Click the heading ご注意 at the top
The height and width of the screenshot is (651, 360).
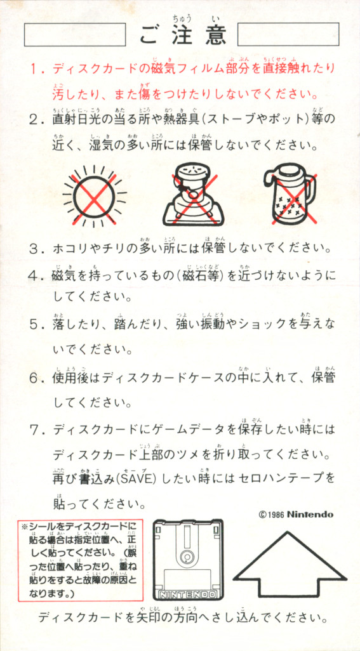183,34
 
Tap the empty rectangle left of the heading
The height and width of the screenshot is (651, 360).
75,34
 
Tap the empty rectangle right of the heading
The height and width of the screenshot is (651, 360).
288,34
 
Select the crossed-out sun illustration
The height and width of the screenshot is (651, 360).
94,197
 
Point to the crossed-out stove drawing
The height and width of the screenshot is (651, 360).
192,194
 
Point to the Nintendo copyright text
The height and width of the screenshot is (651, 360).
296,515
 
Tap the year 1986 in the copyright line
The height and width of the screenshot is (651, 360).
276,515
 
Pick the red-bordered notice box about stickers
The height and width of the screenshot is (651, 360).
80,560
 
